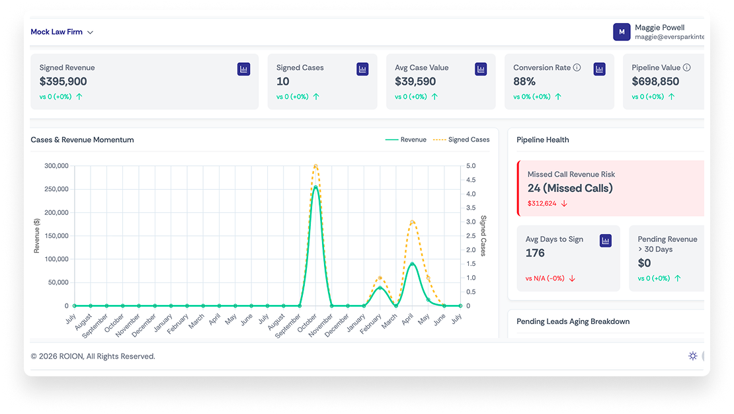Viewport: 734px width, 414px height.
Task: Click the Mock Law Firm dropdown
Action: pos(61,32)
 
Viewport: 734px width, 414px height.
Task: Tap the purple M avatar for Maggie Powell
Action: pos(621,32)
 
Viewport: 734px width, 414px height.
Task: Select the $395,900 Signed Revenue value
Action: pos(63,81)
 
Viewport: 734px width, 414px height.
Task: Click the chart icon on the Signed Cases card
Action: pos(362,69)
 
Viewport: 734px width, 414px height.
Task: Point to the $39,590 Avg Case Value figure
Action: pos(415,81)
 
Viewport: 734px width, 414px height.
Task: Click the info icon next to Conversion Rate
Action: pos(577,67)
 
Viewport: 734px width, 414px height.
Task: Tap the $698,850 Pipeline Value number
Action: pos(655,81)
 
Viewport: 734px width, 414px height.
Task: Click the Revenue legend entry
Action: pos(406,140)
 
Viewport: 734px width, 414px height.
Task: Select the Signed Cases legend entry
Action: pos(462,140)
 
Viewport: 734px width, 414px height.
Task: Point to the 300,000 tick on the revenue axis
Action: pos(56,166)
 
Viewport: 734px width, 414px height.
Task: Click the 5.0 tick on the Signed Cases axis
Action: pos(471,166)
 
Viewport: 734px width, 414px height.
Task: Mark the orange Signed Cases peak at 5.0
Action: pos(316,166)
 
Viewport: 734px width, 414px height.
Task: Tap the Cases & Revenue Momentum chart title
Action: pos(83,140)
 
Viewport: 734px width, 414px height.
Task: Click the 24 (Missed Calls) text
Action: pos(570,188)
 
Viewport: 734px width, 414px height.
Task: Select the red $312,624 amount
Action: pos(542,203)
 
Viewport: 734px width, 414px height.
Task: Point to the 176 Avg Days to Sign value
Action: pos(535,253)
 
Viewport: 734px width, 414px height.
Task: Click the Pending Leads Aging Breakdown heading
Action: pos(573,321)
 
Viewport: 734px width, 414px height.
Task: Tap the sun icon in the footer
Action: pos(693,356)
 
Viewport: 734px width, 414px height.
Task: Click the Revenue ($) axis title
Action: pos(36,235)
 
